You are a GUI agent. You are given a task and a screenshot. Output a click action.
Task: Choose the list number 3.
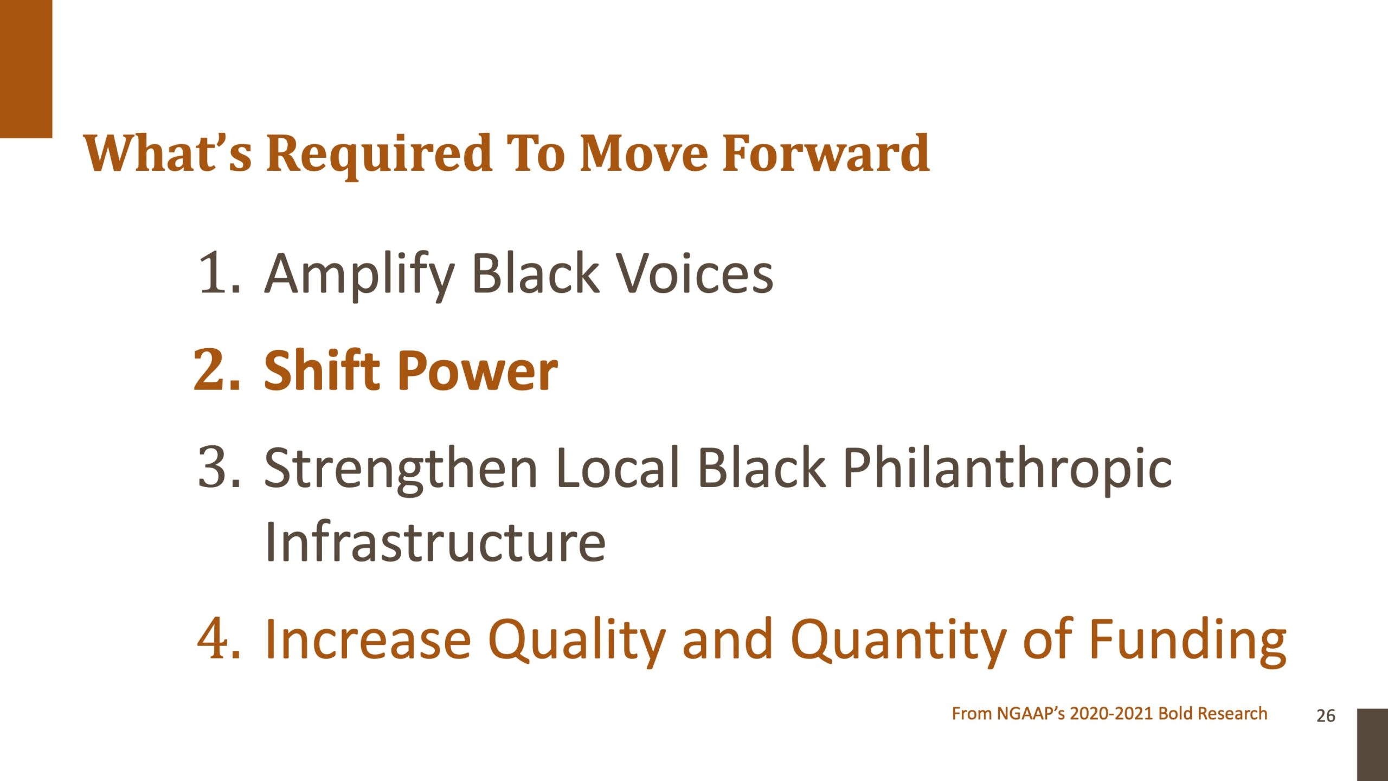point(219,467)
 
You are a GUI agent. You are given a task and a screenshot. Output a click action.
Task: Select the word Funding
point(1188,642)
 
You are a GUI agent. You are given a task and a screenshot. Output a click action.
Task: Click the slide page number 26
point(1326,716)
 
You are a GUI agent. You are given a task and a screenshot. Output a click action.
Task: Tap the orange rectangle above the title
point(26,69)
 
